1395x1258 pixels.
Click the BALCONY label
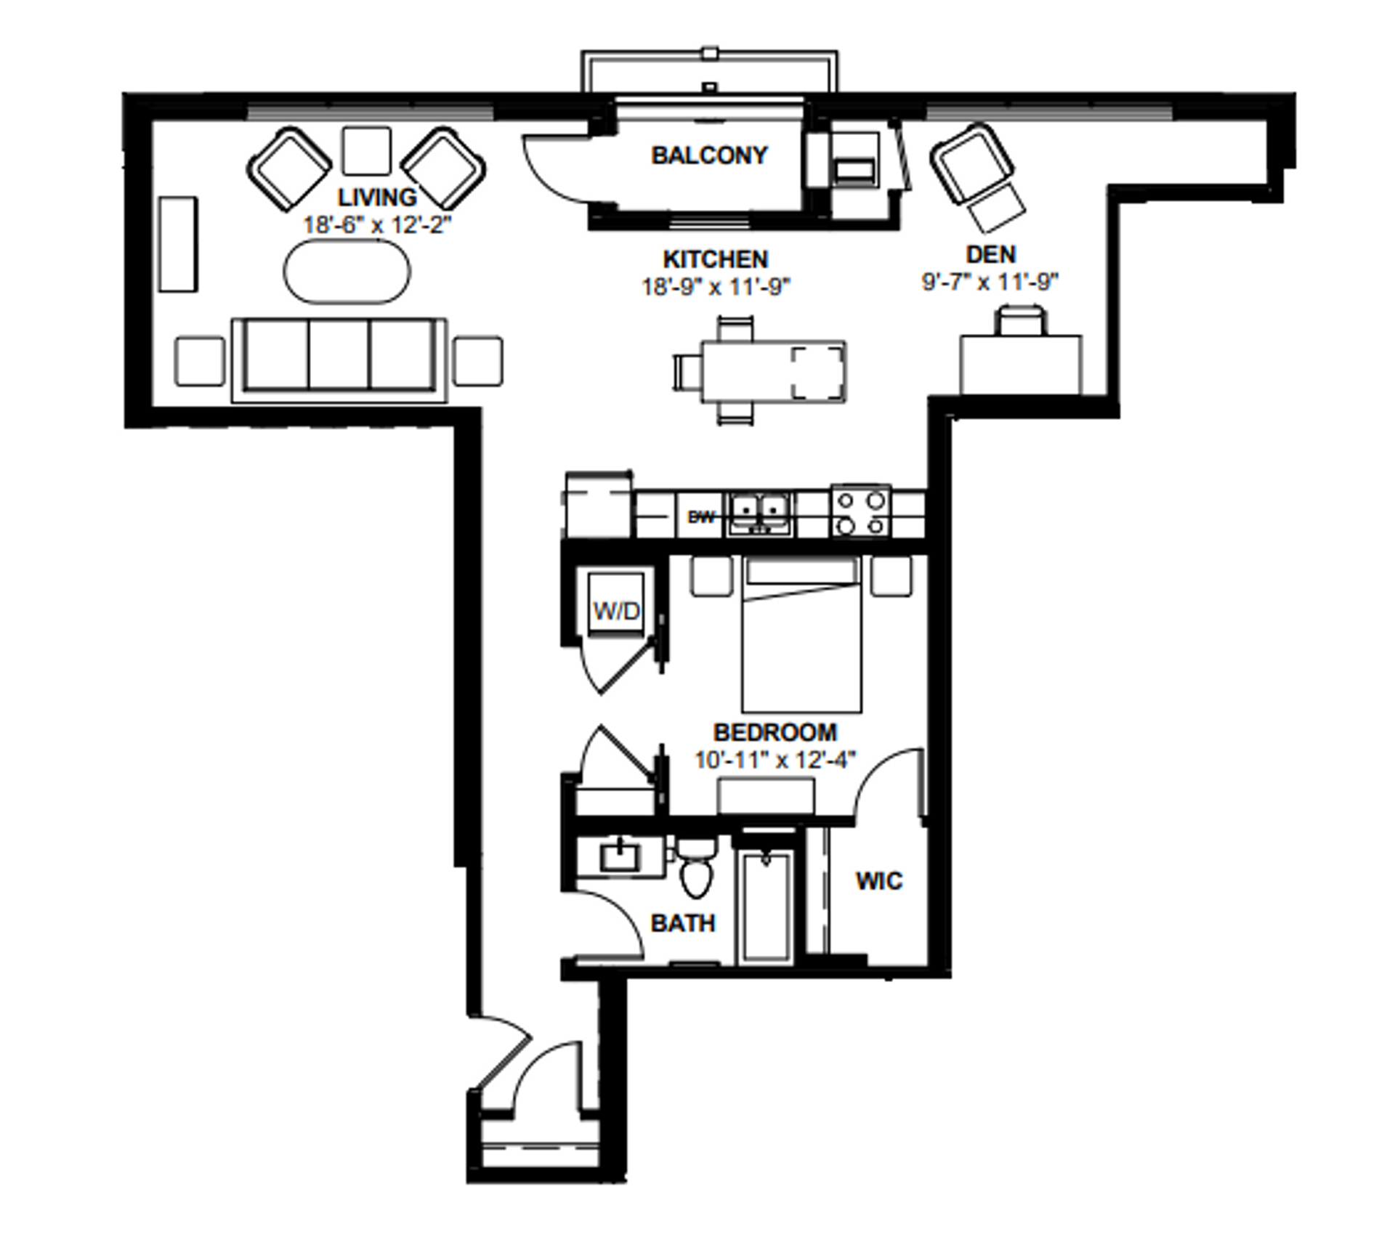click(x=709, y=155)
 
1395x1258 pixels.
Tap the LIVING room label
click(x=377, y=197)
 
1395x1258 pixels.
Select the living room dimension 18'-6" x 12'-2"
click(x=377, y=224)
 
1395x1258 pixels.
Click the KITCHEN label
click(x=715, y=259)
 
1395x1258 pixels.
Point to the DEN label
click(x=990, y=254)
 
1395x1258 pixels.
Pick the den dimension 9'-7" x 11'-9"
click(x=990, y=282)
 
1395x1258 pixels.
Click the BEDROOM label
click(x=775, y=732)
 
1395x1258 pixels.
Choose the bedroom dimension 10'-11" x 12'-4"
click(x=775, y=760)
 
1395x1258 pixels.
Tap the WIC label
click(x=879, y=881)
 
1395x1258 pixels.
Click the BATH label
click(x=683, y=923)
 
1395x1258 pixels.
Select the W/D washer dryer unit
click(x=616, y=604)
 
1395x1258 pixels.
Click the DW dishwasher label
click(x=701, y=517)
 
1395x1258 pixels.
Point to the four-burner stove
click(x=861, y=511)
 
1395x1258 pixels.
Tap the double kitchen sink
click(x=761, y=514)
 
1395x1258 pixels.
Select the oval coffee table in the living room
click(x=347, y=272)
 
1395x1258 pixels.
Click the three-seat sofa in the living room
click(x=339, y=360)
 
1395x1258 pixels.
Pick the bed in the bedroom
click(x=801, y=634)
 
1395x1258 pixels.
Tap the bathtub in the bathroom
click(x=764, y=906)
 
